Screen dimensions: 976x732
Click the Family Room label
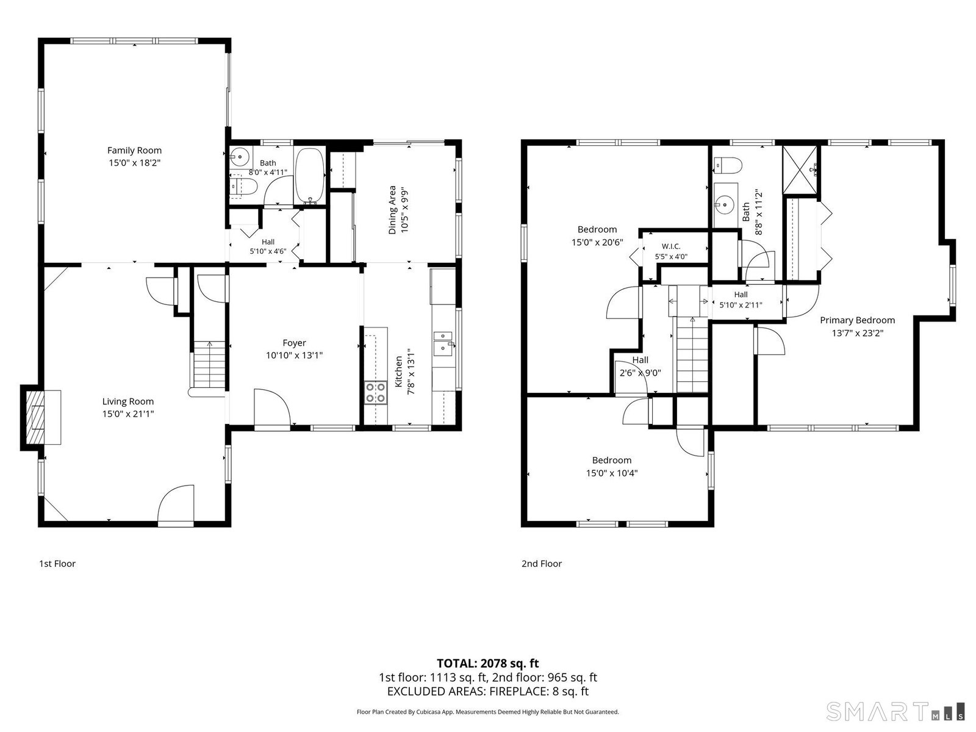tap(134, 150)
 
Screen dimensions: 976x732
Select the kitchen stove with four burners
tap(376, 392)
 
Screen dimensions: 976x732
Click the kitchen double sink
tap(443, 343)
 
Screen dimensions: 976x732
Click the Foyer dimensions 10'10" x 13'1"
tap(295, 355)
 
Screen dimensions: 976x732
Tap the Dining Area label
tap(392, 210)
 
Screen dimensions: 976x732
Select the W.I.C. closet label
tap(671, 246)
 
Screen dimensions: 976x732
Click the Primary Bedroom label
tap(857, 320)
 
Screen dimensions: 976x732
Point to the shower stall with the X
tap(800, 170)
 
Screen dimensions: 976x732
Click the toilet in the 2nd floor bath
tap(728, 166)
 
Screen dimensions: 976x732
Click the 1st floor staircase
tap(209, 364)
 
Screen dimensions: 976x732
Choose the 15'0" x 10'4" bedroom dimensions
tap(612, 473)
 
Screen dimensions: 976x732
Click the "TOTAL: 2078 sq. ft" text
tap(488, 664)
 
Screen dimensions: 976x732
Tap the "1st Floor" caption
tap(57, 564)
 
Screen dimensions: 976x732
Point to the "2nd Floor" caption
tap(542, 564)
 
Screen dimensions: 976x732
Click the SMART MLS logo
tap(895, 711)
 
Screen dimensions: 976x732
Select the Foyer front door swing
tap(272, 407)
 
